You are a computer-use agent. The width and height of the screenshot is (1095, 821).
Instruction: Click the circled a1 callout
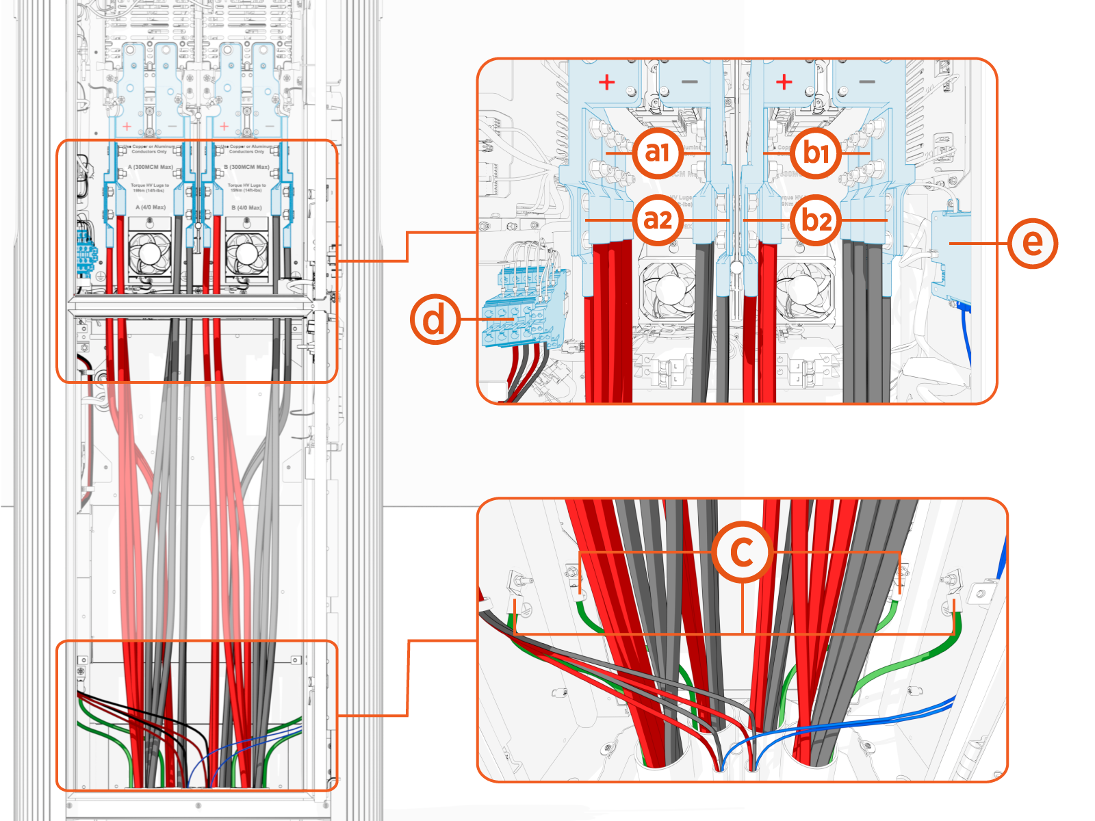pos(657,153)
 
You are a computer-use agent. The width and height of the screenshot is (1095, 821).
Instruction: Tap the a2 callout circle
pos(658,220)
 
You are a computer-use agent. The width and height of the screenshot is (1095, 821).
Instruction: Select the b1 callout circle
pos(816,153)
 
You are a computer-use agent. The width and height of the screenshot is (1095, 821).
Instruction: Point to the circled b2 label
pos(816,220)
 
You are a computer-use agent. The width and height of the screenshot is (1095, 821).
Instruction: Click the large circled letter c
pos(743,551)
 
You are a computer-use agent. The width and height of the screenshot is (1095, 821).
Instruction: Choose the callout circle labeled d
pos(435,320)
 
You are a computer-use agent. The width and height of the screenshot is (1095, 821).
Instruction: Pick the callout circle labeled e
pos(1032,243)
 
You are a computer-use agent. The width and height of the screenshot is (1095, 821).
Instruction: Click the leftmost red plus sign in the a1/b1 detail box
pos(606,83)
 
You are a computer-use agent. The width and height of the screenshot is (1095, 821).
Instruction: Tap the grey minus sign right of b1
pos(867,82)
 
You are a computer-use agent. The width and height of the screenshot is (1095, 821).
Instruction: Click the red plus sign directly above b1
pos(784,83)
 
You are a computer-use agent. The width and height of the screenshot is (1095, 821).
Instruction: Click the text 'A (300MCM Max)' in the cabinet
pos(151,167)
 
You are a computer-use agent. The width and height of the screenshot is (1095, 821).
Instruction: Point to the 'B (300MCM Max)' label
pos(246,167)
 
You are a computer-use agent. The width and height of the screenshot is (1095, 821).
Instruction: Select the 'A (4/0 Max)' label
pos(151,207)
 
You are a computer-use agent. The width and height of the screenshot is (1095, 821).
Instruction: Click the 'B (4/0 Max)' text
pos(246,207)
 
